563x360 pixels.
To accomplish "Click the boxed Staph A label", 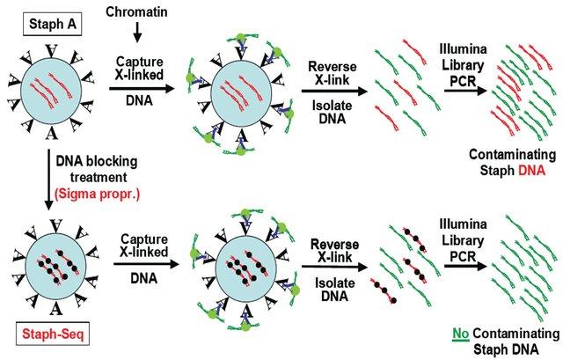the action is [53, 25].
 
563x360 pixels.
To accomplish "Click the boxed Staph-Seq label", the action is [53, 334].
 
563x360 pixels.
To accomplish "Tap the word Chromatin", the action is [137, 11].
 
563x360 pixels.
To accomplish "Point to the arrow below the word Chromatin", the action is [137, 33].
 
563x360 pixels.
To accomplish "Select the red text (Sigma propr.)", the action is [97, 194].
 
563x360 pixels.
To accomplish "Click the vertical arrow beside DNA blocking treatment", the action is [48, 180].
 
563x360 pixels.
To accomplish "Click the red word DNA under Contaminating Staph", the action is [531, 170].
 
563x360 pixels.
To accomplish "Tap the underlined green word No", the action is [461, 334].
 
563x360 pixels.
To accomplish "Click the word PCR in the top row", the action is [464, 81].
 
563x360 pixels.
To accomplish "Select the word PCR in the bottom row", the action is [464, 256].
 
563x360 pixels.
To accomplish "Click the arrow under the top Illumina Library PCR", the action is [465, 91].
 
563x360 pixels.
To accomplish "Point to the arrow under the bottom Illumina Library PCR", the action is [465, 266].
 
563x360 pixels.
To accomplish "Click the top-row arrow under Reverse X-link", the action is [334, 91].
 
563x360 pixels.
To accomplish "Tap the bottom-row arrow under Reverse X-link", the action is [334, 267].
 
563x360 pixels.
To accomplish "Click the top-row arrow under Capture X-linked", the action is [142, 88].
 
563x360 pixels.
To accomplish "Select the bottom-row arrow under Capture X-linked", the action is [146, 264].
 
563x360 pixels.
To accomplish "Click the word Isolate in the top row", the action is [333, 106].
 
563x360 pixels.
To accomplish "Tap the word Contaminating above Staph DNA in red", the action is [512, 155].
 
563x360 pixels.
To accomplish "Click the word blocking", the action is [111, 161].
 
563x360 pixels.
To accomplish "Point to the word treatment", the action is [99, 178].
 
